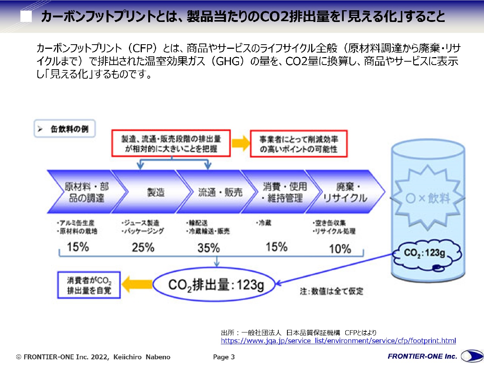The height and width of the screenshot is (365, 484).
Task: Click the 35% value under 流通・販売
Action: point(209,248)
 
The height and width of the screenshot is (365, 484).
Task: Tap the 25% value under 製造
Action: point(143,247)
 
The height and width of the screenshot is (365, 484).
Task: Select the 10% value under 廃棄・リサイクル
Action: point(340,249)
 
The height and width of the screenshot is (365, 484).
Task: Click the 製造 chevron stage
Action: point(152,192)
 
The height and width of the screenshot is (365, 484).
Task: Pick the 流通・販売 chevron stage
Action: point(217,192)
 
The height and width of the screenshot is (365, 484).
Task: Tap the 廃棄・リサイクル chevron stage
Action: point(345,192)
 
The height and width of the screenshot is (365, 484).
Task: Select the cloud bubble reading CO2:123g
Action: point(426,254)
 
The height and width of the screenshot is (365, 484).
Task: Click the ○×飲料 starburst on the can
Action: point(428,198)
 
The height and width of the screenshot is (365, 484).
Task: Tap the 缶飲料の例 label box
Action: point(65,129)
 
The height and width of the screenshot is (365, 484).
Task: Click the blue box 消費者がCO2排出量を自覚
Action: point(89,285)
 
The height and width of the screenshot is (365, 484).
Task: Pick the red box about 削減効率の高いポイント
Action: point(299,144)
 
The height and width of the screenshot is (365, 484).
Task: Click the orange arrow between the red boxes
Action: point(240,143)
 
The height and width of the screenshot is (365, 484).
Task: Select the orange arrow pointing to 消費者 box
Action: point(137,284)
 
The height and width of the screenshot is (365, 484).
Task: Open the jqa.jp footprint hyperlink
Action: point(338,341)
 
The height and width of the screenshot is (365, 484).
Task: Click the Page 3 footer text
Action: point(224,357)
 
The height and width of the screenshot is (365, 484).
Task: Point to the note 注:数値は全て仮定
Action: point(331,291)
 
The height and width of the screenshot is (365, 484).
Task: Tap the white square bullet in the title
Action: point(26,16)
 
